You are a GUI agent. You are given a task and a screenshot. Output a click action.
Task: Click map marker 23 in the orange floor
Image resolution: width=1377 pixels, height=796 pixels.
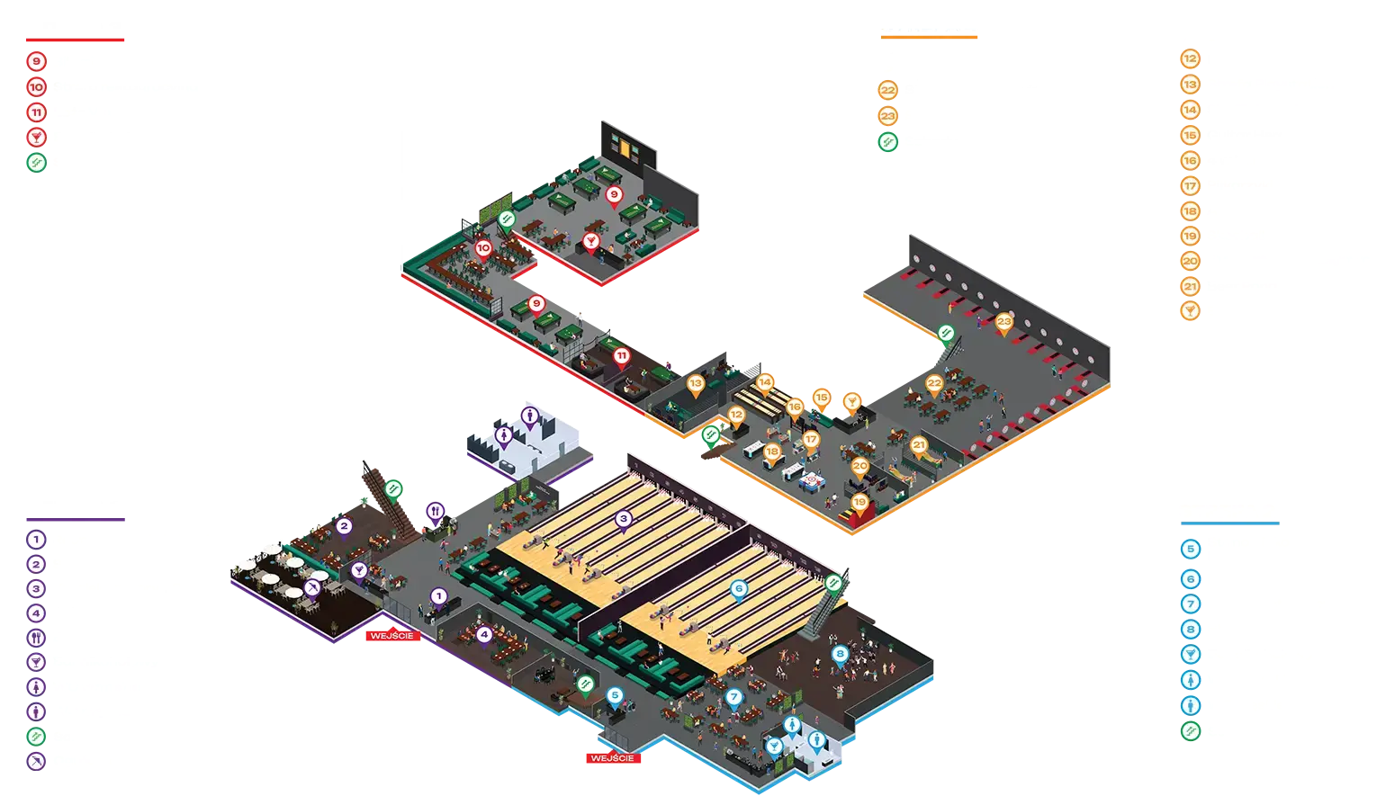coord(1003,322)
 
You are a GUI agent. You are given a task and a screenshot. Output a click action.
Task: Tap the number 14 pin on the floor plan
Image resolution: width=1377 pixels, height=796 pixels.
coord(765,382)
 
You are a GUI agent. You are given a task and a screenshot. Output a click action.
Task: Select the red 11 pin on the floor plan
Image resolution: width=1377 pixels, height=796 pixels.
coord(621,356)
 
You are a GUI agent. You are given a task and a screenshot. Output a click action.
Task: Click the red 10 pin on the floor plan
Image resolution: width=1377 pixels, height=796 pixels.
coord(483,248)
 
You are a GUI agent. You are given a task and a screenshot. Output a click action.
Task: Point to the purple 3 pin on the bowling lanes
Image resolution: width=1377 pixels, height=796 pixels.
coord(623,518)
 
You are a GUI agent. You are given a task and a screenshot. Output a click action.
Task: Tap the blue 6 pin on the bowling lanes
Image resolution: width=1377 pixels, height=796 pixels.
coord(739,588)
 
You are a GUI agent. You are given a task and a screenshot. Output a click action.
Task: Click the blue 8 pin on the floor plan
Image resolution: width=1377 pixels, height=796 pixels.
coord(840,654)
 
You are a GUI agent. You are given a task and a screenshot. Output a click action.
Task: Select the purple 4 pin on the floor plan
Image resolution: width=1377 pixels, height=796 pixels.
coord(484,635)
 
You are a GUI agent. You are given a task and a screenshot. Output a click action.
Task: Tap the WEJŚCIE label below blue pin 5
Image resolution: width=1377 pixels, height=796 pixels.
coord(613,758)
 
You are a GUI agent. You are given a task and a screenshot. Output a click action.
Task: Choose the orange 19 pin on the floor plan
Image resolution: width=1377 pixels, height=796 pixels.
coord(859,503)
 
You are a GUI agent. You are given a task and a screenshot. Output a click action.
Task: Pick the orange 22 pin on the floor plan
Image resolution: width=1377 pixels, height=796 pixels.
coord(934,383)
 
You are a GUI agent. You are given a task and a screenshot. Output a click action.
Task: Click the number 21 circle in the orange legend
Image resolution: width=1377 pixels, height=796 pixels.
coord(1190,287)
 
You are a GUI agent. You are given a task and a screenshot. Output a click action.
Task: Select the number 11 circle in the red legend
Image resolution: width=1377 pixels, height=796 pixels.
coord(37,113)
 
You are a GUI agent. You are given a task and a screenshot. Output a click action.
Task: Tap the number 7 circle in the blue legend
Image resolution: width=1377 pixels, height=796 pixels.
coord(1190,604)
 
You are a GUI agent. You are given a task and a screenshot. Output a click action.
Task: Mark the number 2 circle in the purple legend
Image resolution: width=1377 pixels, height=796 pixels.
coord(36,565)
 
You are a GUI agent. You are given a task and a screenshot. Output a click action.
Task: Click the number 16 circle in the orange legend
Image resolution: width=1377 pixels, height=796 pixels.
coord(1190,161)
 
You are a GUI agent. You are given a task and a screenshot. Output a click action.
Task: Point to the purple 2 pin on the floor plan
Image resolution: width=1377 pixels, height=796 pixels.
coord(343,525)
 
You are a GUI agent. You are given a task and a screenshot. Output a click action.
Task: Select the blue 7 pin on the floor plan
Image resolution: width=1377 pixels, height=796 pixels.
coord(733,696)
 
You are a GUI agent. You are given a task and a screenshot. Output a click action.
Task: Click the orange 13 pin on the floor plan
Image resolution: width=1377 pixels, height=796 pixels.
coord(695,384)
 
